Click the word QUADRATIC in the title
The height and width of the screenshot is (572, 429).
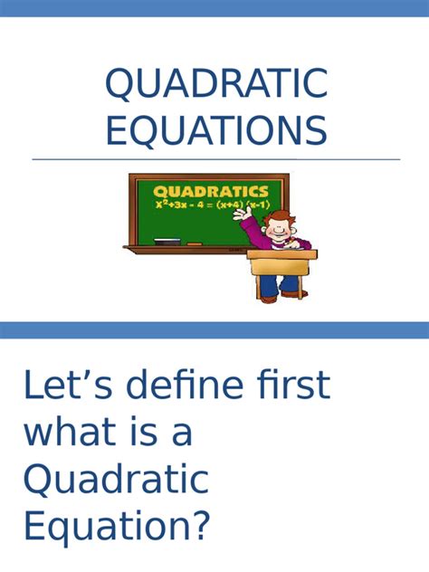click(215, 84)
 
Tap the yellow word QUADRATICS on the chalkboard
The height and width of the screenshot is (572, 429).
click(210, 192)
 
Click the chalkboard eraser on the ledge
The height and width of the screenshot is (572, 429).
click(167, 241)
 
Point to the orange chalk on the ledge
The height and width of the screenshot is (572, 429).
click(194, 243)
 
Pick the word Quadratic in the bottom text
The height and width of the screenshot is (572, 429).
click(116, 479)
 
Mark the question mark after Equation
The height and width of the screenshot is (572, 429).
click(200, 525)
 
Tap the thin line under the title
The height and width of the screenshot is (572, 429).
click(215, 159)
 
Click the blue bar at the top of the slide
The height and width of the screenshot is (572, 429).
click(214, 8)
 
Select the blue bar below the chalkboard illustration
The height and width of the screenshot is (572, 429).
click(214, 329)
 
